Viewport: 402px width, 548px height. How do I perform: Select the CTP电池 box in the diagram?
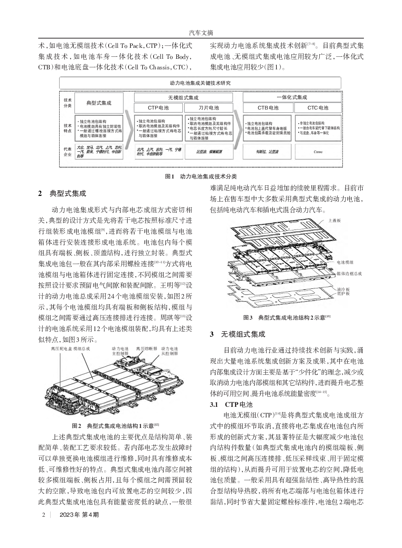(158, 108)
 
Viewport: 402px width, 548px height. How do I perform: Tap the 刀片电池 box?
(209, 108)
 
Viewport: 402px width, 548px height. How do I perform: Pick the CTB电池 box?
(268, 108)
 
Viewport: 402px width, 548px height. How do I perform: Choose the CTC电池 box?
(318, 108)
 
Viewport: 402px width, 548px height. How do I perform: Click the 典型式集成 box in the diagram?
(99, 103)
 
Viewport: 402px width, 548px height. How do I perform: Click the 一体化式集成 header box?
(292, 97)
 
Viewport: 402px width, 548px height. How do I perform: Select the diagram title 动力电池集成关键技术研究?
(200, 83)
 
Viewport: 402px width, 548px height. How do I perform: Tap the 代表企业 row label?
(67, 152)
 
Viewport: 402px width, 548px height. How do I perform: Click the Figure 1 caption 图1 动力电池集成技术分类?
(201, 176)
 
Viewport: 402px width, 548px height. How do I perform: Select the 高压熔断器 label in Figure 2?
(146, 348)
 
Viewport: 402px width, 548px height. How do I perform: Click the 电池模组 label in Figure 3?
(345, 263)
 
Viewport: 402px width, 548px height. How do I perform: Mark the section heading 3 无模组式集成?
(237, 334)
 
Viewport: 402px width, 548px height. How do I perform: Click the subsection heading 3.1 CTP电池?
(231, 404)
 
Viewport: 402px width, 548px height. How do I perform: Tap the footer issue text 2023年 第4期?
(79, 515)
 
